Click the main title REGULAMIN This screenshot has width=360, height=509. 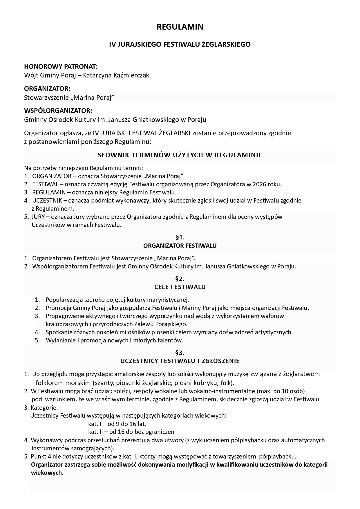(180, 27)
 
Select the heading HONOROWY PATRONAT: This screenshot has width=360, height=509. (61, 66)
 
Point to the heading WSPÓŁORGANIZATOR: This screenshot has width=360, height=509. (58, 111)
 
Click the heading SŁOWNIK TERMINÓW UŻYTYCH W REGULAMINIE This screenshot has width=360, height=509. (180, 155)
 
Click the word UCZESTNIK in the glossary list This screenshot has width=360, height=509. (46, 200)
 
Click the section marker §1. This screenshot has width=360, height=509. (180, 237)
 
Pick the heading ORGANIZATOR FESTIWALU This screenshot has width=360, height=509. (180, 246)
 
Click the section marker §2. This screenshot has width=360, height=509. (180, 279)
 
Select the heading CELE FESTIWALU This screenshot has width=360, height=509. (180, 287)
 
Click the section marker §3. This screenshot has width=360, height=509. (180, 353)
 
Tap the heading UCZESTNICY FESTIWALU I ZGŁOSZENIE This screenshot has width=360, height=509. (180, 361)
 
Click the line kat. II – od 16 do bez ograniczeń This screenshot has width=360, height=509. (131, 432)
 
